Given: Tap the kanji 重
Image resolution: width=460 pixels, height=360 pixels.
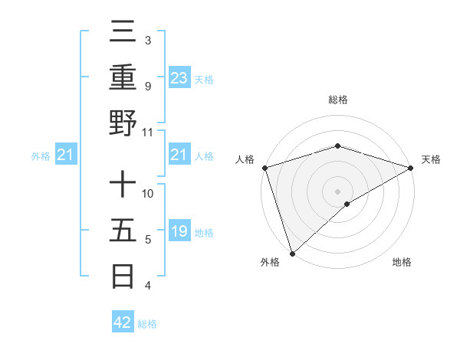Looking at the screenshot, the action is [x=123, y=79].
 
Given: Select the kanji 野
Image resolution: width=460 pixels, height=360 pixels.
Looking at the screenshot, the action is [x=123, y=122].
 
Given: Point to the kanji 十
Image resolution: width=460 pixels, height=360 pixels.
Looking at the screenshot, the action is [x=123, y=186].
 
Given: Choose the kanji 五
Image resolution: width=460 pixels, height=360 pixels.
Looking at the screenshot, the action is [x=123, y=231].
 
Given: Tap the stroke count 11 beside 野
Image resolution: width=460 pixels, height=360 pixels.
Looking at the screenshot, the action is [x=148, y=132].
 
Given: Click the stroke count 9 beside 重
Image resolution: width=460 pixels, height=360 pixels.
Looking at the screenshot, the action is [x=148, y=86].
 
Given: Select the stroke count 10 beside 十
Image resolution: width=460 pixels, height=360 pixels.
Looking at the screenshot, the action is [x=148, y=193].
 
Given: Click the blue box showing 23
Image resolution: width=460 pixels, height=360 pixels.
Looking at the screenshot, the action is [x=179, y=77].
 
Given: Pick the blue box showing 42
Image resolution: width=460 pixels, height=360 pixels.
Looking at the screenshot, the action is [x=123, y=322].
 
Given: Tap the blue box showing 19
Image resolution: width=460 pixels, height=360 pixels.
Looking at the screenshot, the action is [x=179, y=231].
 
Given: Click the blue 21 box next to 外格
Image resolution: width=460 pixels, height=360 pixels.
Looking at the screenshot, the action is [x=66, y=155].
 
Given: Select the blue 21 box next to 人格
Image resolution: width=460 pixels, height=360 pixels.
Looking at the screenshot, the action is [x=179, y=155].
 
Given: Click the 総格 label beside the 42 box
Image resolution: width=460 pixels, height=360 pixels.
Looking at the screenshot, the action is [x=147, y=324].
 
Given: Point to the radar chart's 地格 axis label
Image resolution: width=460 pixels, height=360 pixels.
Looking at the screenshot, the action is [x=402, y=262].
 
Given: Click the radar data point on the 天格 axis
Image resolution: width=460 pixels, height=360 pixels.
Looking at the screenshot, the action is [x=410, y=168].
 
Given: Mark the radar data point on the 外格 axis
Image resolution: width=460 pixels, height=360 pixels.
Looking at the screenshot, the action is [x=292, y=253].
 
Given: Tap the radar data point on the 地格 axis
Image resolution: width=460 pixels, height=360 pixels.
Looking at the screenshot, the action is [x=347, y=204].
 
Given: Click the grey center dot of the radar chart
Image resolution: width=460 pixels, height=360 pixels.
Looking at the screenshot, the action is [x=337, y=191].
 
